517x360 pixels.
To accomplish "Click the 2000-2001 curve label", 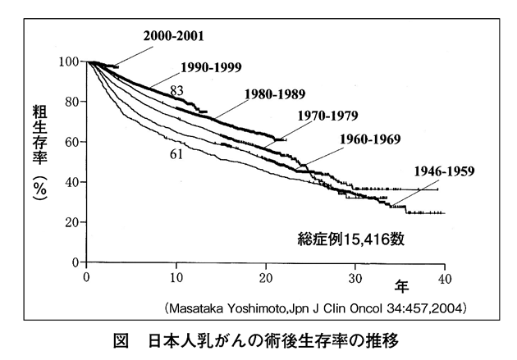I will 173,37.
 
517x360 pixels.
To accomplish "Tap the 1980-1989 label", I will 274,94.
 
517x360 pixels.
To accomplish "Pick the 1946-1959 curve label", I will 446,171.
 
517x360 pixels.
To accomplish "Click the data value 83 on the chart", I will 176,89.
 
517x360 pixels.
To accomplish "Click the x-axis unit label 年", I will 402,286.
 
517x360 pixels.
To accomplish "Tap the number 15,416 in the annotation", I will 373,240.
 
